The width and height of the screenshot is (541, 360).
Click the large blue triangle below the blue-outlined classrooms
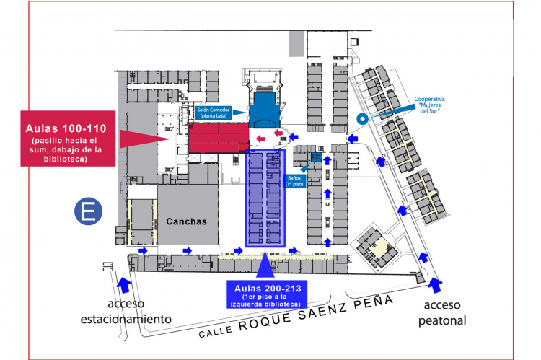click(x=266, y=265)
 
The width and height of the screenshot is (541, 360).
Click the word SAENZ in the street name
click(x=319, y=311)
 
